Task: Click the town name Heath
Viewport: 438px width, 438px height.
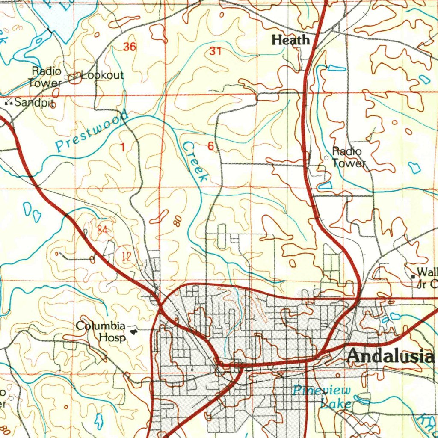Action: coord(291,40)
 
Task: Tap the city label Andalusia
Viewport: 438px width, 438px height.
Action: coord(390,356)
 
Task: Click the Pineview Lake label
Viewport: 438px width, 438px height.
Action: coord(323,396)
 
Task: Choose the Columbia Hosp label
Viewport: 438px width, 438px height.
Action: coord(101,331)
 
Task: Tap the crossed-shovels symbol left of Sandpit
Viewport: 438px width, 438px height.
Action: coord(8,103)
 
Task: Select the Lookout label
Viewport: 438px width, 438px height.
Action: coord(102,76)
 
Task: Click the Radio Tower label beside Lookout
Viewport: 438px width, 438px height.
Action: coord(45,77)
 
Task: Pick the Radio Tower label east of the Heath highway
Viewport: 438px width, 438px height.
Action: coord(348,157)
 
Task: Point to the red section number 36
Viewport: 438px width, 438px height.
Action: coord(130,47)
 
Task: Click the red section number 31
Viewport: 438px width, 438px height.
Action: coord(216,51)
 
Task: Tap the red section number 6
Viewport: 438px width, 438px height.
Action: coord(210,146)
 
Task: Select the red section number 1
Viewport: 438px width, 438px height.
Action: coord(123,148)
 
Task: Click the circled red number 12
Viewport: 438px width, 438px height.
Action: coord(126,257)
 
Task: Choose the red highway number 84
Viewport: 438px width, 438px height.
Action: coord(102,230)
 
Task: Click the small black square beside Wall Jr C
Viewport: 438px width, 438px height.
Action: coord(413,277)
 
